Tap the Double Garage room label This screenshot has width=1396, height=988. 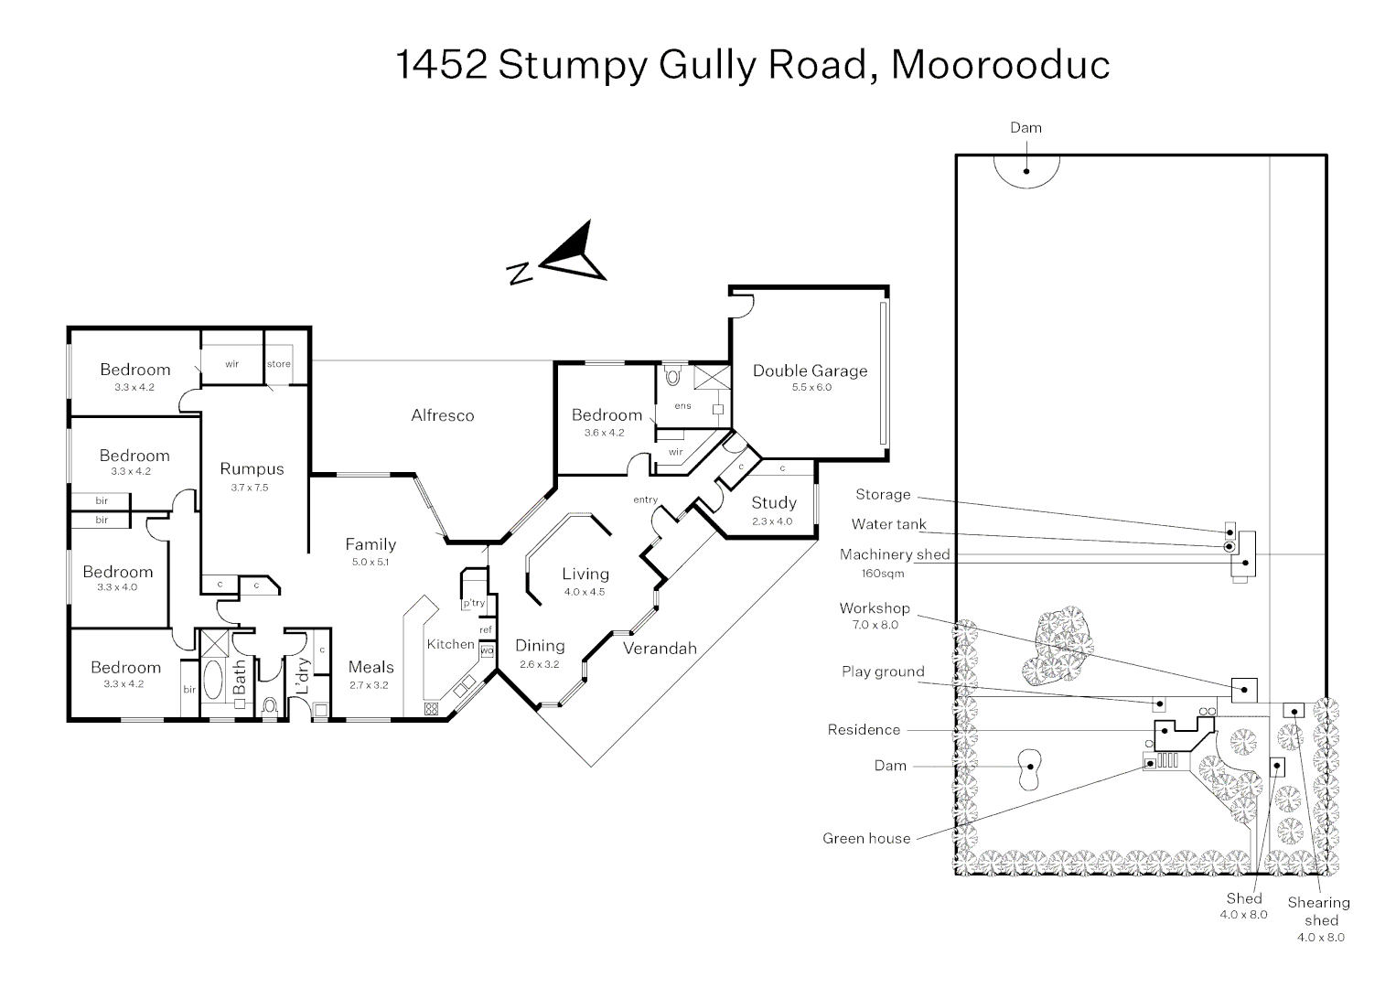[x=810, y=370]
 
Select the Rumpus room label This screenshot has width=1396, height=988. [x=252, y=468]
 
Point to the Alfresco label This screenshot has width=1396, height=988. [x=443, y=415]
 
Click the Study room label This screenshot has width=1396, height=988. [x=773, y=502]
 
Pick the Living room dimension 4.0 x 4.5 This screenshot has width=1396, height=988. [x=585, y=592]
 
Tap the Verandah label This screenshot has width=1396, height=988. [x=660, y=649]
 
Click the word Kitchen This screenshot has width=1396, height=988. [x=450, y=644]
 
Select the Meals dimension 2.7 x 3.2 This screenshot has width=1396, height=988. [x=370, y=684]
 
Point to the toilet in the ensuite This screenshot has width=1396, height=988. [x=673, y=375]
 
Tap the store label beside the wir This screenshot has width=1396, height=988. [x=279, y=363]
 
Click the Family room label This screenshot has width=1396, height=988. [x=370, y=544]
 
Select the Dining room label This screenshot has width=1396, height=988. [x=540, y=646]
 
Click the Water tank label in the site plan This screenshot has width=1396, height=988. [x=888, y=524]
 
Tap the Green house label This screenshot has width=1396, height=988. [x=866, y=838]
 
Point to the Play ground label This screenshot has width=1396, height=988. [x=883, y=671]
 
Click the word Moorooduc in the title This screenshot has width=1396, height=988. [x=1000, y=64]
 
